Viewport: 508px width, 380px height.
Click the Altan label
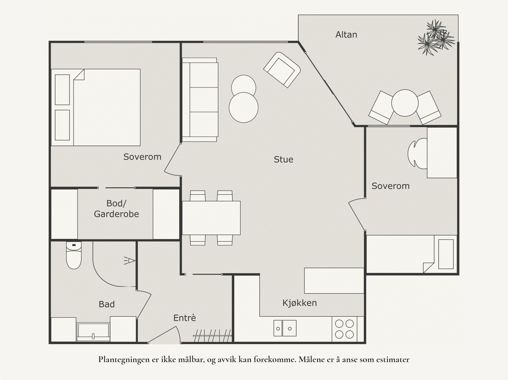coord(346,35)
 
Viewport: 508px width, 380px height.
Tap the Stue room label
coord(284,160)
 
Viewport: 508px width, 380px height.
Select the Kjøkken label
coord(299,303)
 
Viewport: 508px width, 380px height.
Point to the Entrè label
coord(185,318)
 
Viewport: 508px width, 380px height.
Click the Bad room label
coord(107,304)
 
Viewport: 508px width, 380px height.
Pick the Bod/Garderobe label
coord(117,208)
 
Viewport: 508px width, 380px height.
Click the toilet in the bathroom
coord(74,255)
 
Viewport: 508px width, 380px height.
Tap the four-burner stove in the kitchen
coord(344,329)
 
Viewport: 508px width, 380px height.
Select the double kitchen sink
coord(285,328)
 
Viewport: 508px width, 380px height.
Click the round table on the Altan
coord(405,103)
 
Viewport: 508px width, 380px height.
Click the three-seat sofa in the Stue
coord(200,100)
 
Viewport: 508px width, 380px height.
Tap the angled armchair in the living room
coord(282,70)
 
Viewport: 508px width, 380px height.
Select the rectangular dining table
coord(211,218)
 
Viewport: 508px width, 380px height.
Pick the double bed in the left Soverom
coord(96,108)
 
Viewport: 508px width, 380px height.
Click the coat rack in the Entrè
coord(212,336)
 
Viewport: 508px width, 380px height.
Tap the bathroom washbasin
coord(93,332)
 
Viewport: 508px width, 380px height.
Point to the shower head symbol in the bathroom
coord(130,261)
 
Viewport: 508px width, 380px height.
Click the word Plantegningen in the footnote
coord(124,360)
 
